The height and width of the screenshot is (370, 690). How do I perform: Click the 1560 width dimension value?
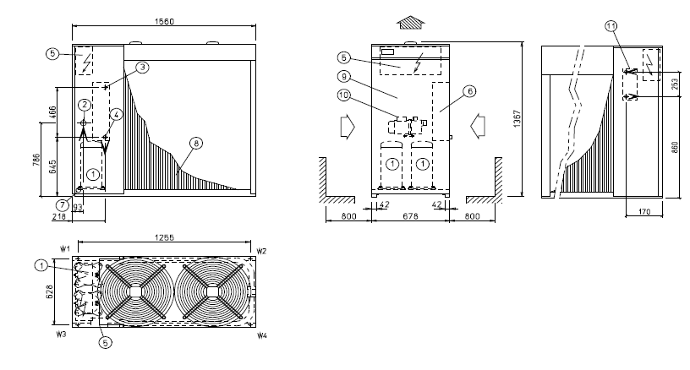click(164, 21)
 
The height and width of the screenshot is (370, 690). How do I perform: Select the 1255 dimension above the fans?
click(164, 237)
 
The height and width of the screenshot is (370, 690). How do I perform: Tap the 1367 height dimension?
click(517, 118)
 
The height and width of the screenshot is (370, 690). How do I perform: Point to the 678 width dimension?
click(410, 216)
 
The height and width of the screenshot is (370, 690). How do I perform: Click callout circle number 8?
click(196, 143)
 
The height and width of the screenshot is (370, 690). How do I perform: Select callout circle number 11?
click(611, 26)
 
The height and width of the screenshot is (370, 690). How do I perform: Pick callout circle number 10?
click(343, 95)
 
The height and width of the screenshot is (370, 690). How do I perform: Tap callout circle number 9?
click(344, 77)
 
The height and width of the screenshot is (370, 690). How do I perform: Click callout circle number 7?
click(63, 204)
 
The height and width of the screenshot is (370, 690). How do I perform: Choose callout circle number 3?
click(142, 68)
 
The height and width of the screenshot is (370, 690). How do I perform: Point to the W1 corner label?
click(65, 249)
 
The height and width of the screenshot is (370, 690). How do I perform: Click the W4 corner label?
click(262, 336)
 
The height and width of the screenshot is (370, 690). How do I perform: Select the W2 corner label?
click(262, 252)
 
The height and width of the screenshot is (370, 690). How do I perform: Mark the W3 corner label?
click(61, 335)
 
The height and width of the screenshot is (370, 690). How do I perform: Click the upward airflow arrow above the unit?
click(411, 23)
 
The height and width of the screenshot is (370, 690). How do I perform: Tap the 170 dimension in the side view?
click(644, 212)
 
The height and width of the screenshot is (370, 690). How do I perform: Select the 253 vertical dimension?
click(675, 84)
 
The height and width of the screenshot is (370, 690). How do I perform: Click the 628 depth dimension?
click(49, 292)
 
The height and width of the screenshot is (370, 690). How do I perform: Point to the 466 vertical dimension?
click(52, 112)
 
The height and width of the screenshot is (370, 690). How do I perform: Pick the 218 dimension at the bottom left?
click(58, 216)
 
